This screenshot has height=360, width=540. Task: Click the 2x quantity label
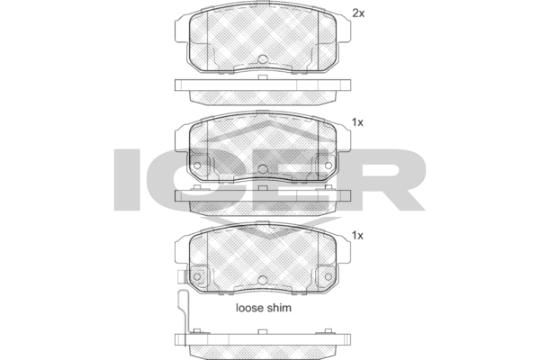(x=358, y=13)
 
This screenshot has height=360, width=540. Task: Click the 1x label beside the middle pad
(x=357, y=122)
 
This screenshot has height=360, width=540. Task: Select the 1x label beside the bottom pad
(x=357, y=236)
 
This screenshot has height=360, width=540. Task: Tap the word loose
(x=249, y=308)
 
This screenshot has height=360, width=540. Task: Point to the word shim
(x=279, y=308)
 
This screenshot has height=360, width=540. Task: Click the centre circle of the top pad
(x=263, y=58)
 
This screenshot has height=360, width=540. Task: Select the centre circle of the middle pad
(x=263, y=169)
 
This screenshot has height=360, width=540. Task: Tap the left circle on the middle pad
(x=196, y=166)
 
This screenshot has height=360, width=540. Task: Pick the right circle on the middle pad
(x=328, y=166)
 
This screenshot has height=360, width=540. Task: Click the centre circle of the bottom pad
(x=263, y=280)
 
